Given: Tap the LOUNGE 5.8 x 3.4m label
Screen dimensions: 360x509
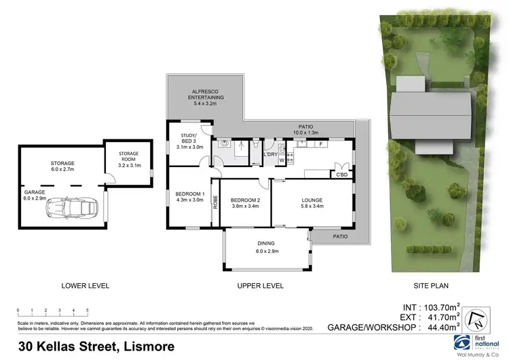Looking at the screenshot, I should click(312, 203).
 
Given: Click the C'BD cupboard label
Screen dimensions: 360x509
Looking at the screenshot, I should click(343, 175).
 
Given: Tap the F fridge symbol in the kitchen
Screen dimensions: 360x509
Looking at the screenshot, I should click(321, 144).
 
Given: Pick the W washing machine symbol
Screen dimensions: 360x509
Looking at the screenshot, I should click(282, 160).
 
